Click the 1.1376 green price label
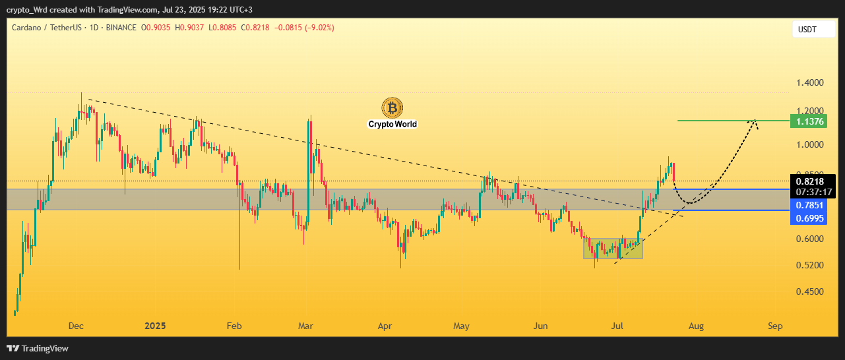coord(813,121)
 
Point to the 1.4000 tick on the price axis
coord(809,83)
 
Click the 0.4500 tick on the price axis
coord(809,291)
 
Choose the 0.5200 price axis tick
coord(809,265)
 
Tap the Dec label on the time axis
coord(76,326)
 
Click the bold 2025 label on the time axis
coord(155,326)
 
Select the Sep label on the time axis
coord(775,326)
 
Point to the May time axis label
coord(462,326)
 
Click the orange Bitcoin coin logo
coord(392,107)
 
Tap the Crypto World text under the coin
coord(392,124)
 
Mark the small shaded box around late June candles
coord(613,248)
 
